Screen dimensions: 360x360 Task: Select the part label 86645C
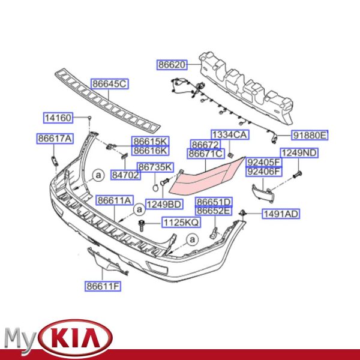[109, 84]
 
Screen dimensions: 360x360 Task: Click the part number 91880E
[310, 136]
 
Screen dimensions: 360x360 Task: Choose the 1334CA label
[229, 135]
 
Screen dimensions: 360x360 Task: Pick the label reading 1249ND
[300, 153]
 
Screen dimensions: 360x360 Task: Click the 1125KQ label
[181, 223]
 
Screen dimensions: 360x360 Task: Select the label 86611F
[102, 286]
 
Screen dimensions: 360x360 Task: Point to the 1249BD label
[164, 205]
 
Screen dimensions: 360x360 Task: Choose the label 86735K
[154, 167]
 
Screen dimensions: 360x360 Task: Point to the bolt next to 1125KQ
[142, 225]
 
